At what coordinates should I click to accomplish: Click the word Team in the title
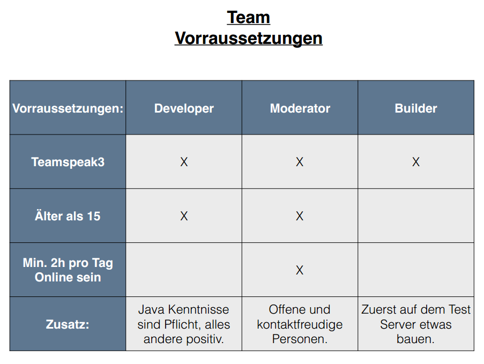(x=249, y=17)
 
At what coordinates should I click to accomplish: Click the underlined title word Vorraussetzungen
(x=249, y=38)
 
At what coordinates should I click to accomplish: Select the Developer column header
(x=184, y=108)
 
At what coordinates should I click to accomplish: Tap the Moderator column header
(x=300, y=108)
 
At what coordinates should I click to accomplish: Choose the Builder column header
(x=416, y=108)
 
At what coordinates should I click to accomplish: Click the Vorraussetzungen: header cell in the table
(x=68, y=108)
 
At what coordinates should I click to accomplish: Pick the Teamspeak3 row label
(x=68, y=162)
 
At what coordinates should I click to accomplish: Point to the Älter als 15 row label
(x=68, y=216)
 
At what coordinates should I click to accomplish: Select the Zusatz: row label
(x=68, y=324)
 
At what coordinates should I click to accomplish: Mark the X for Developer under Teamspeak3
(x=184, y=162)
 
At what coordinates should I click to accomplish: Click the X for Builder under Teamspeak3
(x=416, y=162)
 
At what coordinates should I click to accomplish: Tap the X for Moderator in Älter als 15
(x=300, y=216)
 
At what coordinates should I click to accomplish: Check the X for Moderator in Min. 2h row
(x=300, y=270)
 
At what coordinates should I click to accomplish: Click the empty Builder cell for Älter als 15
(x=416, y=216)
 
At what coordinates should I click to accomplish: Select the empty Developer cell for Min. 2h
(x=184, y=270)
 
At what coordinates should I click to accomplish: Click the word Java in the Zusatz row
(x=151, y=309)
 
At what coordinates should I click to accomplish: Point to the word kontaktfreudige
(x=300, y=324)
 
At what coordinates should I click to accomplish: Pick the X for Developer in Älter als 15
(x=184, y=216)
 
